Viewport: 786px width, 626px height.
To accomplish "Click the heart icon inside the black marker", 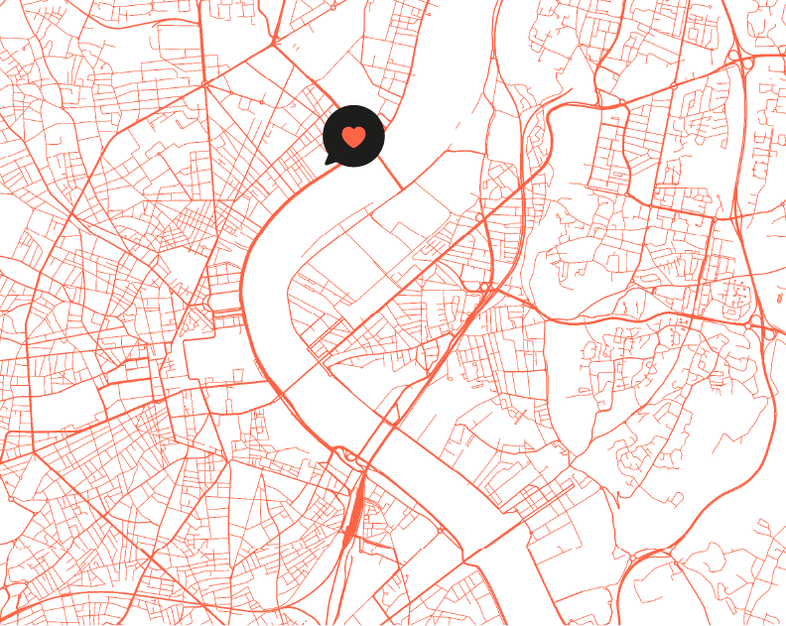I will pos(353,137).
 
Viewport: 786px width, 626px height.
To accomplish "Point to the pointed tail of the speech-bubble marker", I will pos(327,160).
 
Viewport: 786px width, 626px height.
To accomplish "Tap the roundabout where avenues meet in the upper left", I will pos(204,84).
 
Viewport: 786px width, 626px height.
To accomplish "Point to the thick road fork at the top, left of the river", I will pos(275,43).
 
